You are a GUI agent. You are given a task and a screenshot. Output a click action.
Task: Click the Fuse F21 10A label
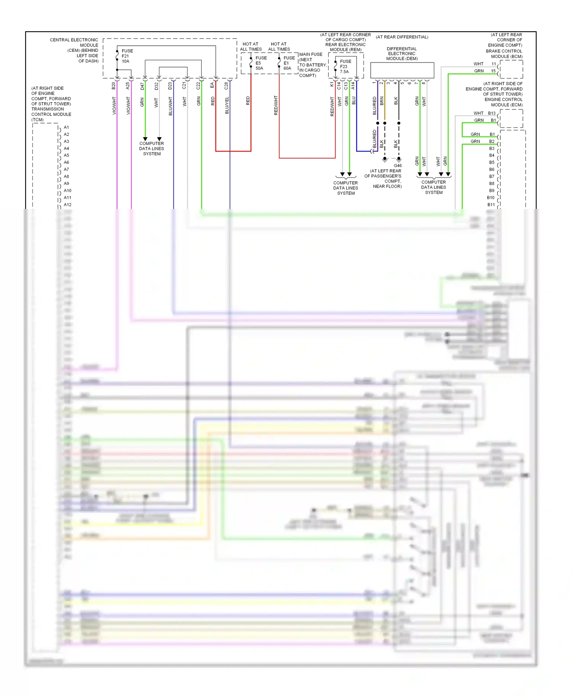tap(127, 56)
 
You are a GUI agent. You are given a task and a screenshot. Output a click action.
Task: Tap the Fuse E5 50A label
tap(261, 63)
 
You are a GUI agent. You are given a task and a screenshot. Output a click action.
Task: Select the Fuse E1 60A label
tap(289, 63)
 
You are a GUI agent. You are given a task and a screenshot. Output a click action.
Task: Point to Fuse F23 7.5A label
tap(345, 66)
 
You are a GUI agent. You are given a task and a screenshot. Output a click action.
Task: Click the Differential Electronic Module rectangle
tap(402, 71)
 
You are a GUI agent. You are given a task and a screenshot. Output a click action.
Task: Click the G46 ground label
tap(398, 165)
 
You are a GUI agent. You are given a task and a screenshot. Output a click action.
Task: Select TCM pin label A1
tap(66, 127)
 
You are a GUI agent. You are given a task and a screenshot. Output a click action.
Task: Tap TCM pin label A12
tap(67, 205)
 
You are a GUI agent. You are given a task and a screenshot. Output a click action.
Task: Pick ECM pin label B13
tap(492, 113)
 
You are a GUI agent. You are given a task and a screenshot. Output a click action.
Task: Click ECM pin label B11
tap(491, 205)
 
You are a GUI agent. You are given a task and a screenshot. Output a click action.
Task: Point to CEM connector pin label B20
tap(114, 86)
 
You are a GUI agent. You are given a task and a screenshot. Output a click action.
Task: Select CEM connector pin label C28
tap(226, 86)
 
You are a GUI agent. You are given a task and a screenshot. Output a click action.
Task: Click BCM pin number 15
tap(493, 71)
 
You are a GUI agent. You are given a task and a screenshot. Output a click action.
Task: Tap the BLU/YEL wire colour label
tap(227, 105)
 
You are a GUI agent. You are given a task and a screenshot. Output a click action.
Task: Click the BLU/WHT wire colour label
tap(170, 106)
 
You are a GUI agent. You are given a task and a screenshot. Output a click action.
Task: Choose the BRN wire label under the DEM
tap(382, 101)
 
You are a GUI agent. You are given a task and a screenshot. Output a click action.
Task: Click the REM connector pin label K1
tap(332, 84)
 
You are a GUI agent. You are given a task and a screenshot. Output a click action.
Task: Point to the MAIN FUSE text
tap(311, 55)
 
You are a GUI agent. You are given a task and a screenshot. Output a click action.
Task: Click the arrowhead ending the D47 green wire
tap(145, 139)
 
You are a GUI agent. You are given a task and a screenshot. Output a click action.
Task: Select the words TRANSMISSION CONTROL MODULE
tap(51, 112)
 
